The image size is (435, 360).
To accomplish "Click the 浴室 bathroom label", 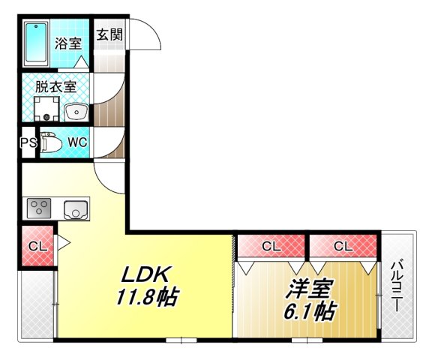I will pos(67,43).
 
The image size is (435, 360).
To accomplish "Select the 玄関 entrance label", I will pos(109,34).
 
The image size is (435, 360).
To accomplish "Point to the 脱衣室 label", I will pos(56,85).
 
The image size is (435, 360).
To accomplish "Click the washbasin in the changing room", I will pos(76,112).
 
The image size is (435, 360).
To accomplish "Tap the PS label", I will pos(28,142).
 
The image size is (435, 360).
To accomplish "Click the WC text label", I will pos(78,142).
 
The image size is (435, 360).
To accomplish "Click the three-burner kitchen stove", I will pos(39,208).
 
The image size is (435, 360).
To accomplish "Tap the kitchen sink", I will pos(76,209).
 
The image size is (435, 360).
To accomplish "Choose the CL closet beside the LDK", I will pos(37,245).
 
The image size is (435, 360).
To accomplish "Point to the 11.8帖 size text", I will pos(146,298).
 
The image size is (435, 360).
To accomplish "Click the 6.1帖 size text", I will pos(309,310).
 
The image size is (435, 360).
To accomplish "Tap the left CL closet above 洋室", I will pos(271,245).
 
